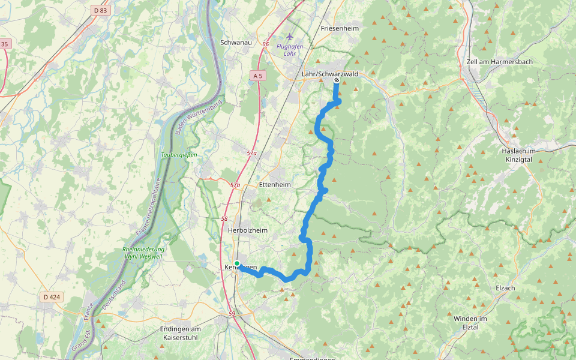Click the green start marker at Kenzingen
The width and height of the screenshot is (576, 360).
pyautogui.click(x=237, y=263)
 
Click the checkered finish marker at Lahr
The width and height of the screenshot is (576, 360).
pyautogui.click(x=337, y=80)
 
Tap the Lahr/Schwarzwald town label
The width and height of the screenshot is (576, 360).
pyautogui.click(x=329, y=74)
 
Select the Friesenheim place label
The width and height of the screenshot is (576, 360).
pyautogui.click(x=339, y=28)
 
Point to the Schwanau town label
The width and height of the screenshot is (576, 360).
pyautogui.click(x=236, y=43)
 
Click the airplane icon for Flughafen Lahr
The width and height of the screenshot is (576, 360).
pyautogui.click(x=290, y=37)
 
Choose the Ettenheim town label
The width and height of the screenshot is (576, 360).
pyautogui.click(x=275, y=185)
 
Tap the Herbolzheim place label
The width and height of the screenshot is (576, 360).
pyautogui.click(x=248, y=230)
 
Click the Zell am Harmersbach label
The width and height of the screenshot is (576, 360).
pyautogui.click(x=499, y=62)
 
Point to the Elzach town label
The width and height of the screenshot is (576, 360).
pyautogui.click(x=505, y=288)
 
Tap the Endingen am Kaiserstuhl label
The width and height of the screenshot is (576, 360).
pyautogui.click(x=180, y=333)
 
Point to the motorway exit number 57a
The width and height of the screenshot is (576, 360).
pyautogui.click(x=251, y=154)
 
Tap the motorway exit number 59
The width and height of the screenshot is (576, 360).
pyautogui.click(x=232, y=314)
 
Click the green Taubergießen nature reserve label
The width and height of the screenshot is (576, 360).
pyautogui.click(x=178, y=155)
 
